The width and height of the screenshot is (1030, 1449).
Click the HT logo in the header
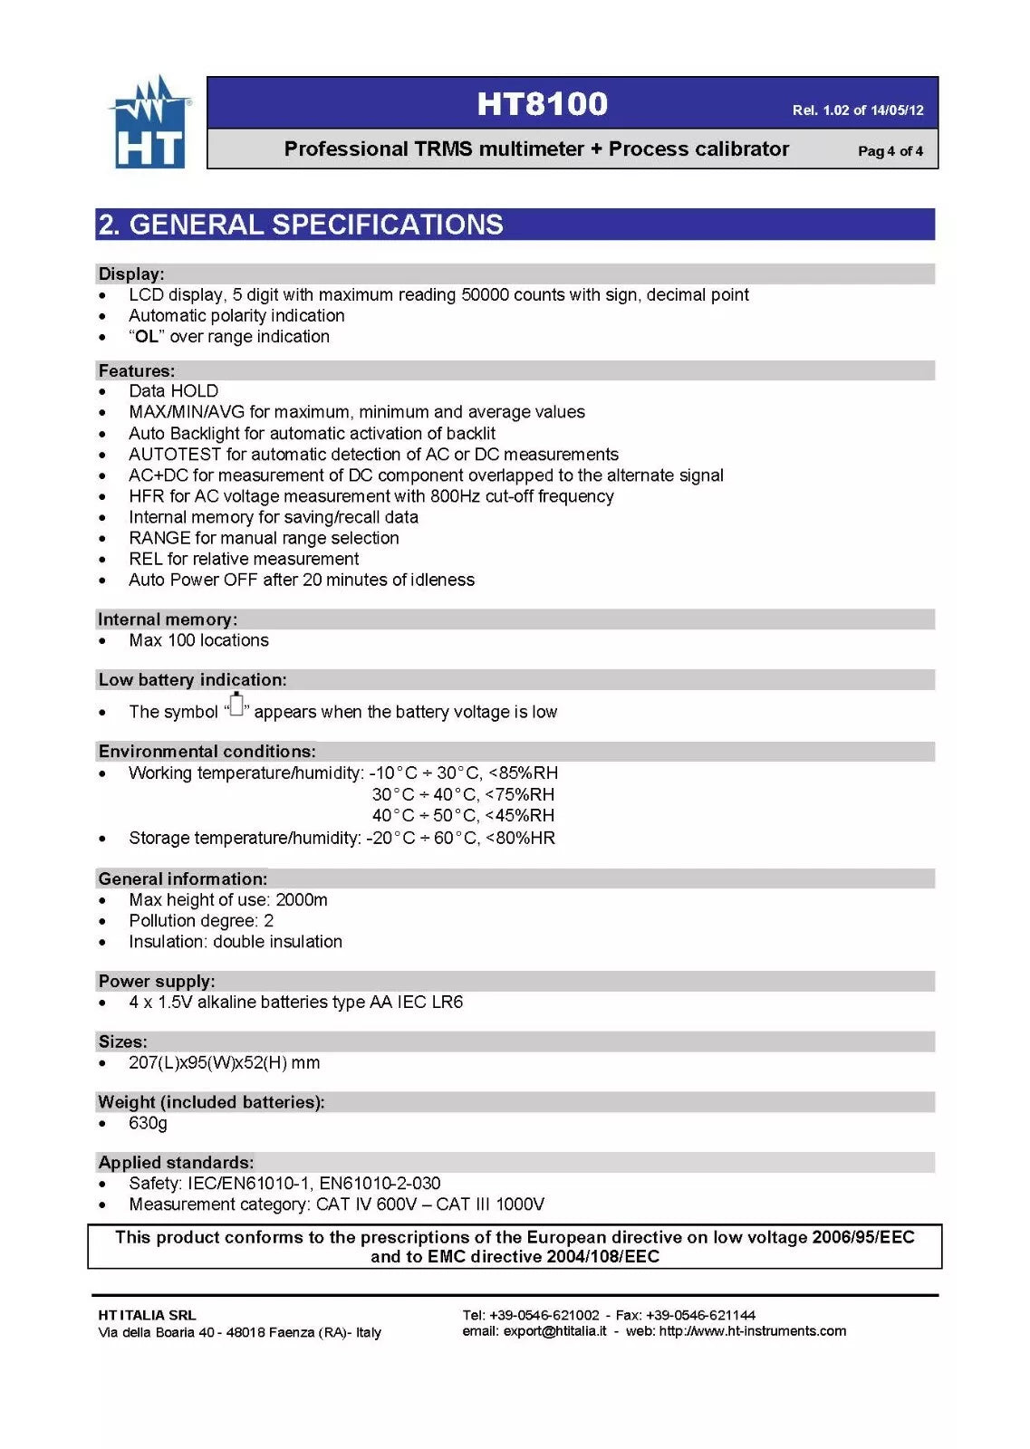coord(149,123)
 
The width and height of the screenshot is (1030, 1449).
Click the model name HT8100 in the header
coord(542,103)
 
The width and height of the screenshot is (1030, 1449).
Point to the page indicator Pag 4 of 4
coord(890,151)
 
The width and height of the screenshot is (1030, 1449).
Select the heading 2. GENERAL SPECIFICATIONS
coord(301,225)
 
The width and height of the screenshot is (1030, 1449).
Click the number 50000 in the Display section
coord(486,294)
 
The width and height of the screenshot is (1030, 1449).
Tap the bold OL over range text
coord(147,337)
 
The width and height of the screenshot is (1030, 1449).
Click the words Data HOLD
coord(173,391)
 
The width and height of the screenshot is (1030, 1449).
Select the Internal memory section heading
coord(168,619)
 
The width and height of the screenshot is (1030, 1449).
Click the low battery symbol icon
coord(236,705)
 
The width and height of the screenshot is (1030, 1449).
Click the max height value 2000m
coord(302,900)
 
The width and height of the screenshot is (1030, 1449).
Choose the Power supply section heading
coord(157,981)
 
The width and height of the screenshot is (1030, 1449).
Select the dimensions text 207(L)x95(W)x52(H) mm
coord(224,1062)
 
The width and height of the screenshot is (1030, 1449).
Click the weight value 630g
coord(148,1123)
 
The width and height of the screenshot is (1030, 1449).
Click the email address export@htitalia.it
coord(554,1331)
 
